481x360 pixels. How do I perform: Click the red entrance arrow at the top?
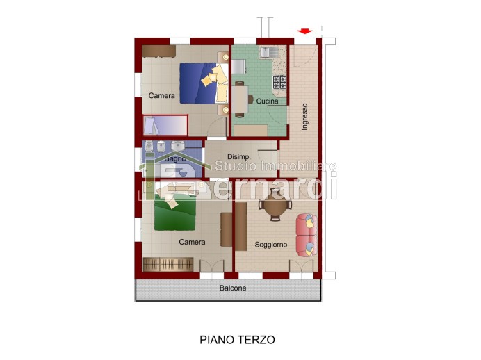(304, 31)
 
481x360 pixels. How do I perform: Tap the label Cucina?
(267, 101)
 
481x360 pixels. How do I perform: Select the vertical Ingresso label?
(304, 117)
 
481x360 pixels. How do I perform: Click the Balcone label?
(233, 288)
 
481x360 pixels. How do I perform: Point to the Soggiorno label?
(270, 245)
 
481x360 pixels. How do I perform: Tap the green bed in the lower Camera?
(175, 214)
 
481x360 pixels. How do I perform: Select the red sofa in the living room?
(306, 234)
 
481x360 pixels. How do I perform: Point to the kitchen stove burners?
(279, 83)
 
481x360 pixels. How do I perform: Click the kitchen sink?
(268, 51)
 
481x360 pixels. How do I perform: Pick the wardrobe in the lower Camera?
(168, 264)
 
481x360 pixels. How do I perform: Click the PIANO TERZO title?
(237, 340)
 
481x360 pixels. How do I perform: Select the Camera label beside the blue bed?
(161, 96)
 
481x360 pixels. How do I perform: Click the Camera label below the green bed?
(192, 243)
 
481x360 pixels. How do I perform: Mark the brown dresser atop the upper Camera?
(158, 51)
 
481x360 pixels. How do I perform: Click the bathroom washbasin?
(178, 147)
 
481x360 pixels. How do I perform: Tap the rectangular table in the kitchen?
(241, 98)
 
